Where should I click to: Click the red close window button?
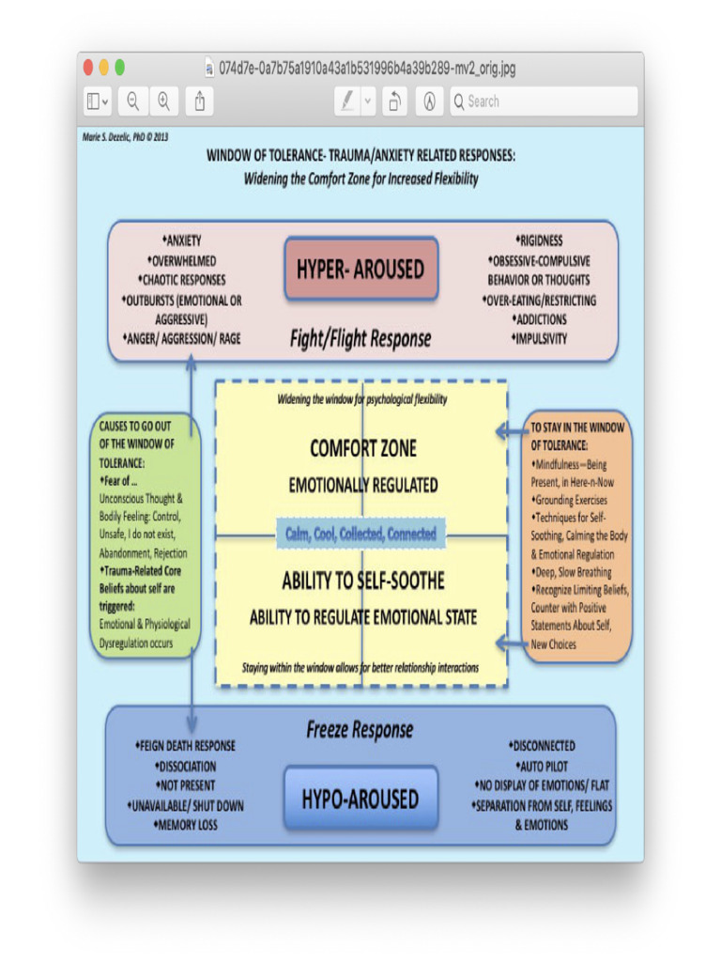(x=88, y=69)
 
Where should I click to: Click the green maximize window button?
(x=119, y=69)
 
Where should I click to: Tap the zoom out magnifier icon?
(x=133, y=101)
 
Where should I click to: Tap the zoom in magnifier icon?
(x=163, y=101)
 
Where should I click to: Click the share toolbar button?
(x=200, y=101)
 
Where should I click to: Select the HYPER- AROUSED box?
(x=360, y=269)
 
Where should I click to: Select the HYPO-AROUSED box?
(x=360, y=799)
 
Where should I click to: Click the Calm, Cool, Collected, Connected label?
(x=360, y=534)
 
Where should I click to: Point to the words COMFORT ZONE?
(x=362, y=449)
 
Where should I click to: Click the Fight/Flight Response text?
(x=360, y=339)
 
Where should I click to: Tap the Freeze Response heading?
(x=360, y=730)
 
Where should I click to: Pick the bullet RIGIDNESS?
(x=540, y=241)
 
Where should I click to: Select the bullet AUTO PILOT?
(x=542, y=767)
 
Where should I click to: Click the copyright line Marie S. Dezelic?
(x=125, y=137)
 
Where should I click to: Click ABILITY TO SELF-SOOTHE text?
(x=362, y=581)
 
